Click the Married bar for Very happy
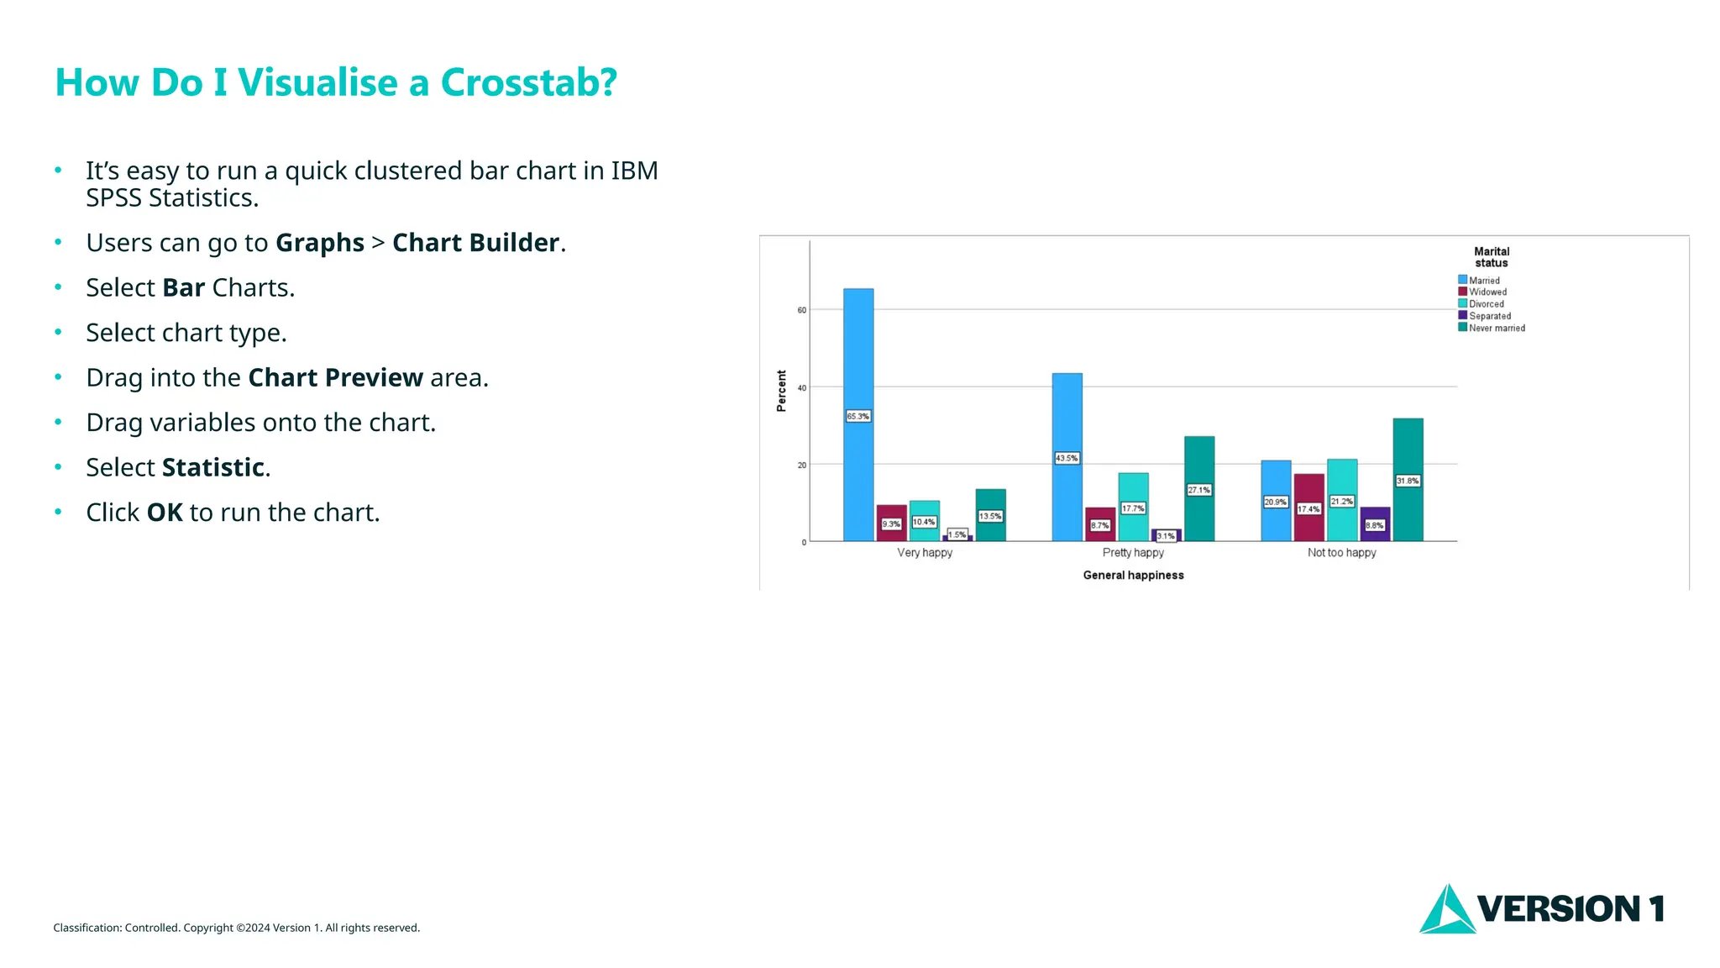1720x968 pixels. pos(858,353)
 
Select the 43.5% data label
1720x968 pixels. pos(1067,458)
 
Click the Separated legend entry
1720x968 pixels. pos(1489,316)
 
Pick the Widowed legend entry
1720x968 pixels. pos(1487,292)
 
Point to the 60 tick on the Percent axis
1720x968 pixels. pos(802,310)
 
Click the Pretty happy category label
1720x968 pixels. pos(1133,553)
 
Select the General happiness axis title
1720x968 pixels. pos(1133,576)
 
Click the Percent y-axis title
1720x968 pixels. pos(782,391)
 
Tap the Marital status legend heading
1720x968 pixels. pos(1492,257)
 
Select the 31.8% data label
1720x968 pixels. pos(1408,481)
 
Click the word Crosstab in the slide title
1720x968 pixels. pos(528,82)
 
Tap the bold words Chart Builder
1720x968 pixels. pos(475,243)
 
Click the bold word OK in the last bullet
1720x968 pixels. pos(165,513)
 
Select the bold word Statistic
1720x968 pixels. pos(213,468)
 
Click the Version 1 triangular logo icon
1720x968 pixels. pos(1446,911)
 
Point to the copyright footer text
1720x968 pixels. pos(236,928)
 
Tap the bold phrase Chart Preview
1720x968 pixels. pos(336,378)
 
